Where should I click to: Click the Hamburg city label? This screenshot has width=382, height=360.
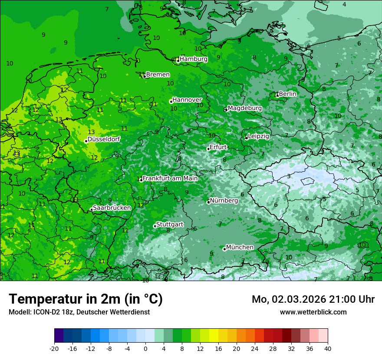point(193,59)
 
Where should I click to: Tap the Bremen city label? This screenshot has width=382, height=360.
point(158,75)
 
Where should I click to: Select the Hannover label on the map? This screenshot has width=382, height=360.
point(187,100)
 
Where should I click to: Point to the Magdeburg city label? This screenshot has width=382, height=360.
point(244,108)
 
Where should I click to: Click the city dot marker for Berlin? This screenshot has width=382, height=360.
point(277,95)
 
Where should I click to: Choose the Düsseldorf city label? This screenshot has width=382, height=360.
point(104,139)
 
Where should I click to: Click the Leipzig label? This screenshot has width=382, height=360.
point(258,136)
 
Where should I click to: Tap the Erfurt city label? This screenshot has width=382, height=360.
point(218,147)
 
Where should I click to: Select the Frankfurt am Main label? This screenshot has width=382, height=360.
point(170,178)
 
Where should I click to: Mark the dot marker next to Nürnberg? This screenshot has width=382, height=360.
point(208,202)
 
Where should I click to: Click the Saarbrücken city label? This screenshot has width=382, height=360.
point(112,208)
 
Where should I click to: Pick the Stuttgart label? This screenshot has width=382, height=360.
point(169,224)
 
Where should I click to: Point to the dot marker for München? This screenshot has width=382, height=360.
point(224,249)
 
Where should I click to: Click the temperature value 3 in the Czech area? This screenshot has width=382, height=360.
point(289,176)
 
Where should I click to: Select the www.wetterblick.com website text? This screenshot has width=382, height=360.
point(313,312)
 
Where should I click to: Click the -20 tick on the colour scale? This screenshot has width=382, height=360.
point(54,348)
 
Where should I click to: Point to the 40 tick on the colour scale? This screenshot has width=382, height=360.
point(327,348)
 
